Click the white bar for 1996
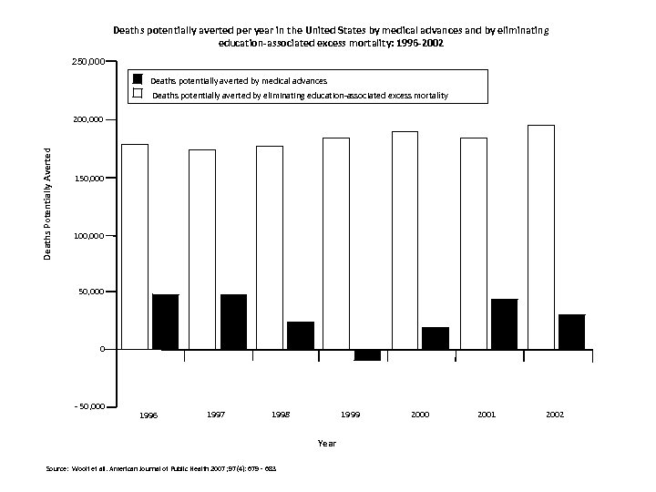pyautogui.click(x=135, y=246)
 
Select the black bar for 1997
pyautogui.click(x=233, y=322)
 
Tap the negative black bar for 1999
pyautogui.click(x=368, y=355)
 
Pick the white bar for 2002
pyautogui.click(x=541, y=237)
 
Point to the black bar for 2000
pyautogui.click(x=436, y=338)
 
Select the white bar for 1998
pyautogui.click(x=270, y=247)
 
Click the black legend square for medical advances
pyautogui.click(x=138, y=79)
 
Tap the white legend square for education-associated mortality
pyautogui.click(x=138, y=94)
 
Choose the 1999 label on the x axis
pyautogui.click(x=350, y=415)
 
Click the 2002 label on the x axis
pyautogui.click(x=554, y=415)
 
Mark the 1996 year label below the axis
pyautogui.click(x=149, y=415)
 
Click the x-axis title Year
pyautogui.click(x=327, y=443)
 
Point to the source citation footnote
pyautogui.click(x=160, y=469)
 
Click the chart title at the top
pyautogui.click(x=331, y=36)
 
